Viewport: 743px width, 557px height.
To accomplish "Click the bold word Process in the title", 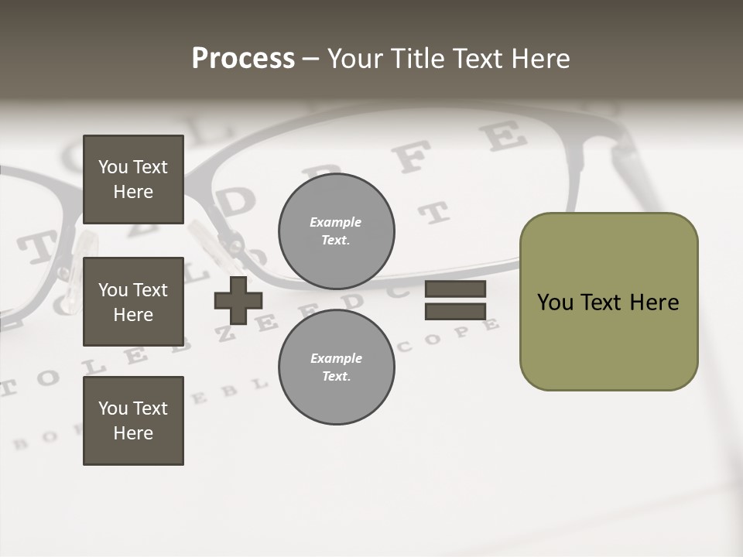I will coord(243,59).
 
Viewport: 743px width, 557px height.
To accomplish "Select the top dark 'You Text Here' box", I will coord(133,179).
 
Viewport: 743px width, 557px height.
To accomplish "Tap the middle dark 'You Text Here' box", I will coord(133,302).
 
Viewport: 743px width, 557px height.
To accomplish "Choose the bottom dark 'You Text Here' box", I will coord(133,421).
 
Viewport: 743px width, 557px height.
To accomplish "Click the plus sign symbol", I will coord(238,300).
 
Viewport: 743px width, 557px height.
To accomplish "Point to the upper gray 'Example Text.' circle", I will coord(337,231).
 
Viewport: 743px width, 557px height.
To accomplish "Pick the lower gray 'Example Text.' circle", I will coord(337,367).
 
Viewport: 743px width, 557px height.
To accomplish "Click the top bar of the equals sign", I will coord(455,289).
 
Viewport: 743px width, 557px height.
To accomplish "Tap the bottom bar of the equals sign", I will coord(455,311).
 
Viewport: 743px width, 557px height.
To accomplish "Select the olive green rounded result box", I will coord(608,302).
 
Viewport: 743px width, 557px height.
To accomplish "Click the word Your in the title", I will coord(354,59).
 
